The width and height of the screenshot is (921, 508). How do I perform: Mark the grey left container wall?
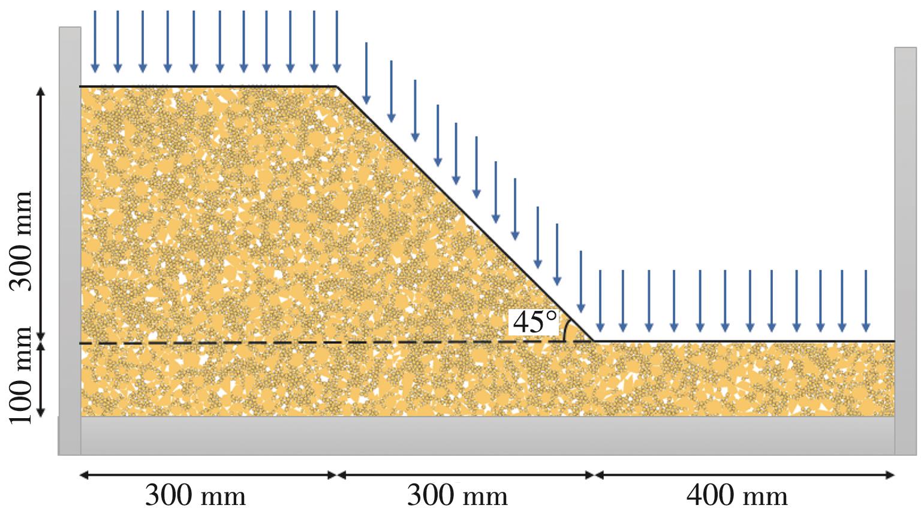(x=70, y=240)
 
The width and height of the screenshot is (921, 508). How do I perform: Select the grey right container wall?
(x=905, y=240)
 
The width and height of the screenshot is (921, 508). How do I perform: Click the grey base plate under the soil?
(x=480, y=436)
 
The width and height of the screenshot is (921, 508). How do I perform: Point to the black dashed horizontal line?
(x=300, y=343)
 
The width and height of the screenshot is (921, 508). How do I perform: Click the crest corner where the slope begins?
(x=337, y=87)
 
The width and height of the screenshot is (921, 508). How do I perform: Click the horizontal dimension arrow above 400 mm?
(x=744, y=475)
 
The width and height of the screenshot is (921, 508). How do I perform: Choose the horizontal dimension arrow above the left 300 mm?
(x=208, y=475)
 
